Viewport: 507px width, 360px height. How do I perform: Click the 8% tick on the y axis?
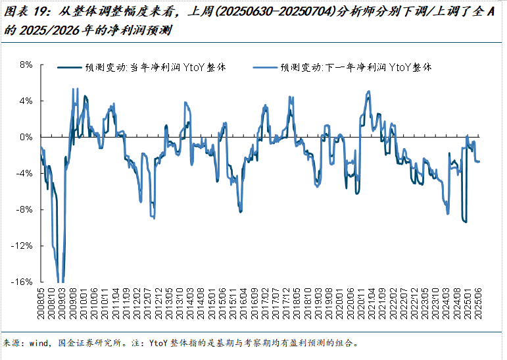(26, 64)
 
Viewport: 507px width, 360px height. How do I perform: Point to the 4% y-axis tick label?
(26, 101)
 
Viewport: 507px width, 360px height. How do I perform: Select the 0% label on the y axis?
(26, 137)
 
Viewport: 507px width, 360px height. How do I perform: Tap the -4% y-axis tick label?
(24, 173)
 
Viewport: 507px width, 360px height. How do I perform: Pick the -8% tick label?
(24, 209)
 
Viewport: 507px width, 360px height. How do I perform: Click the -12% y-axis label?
(22, 245)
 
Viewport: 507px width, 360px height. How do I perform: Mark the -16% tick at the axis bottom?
(22, 282)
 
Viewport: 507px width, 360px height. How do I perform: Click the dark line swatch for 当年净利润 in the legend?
(70, 67)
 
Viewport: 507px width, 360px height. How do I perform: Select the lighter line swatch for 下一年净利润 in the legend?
(266, 67)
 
